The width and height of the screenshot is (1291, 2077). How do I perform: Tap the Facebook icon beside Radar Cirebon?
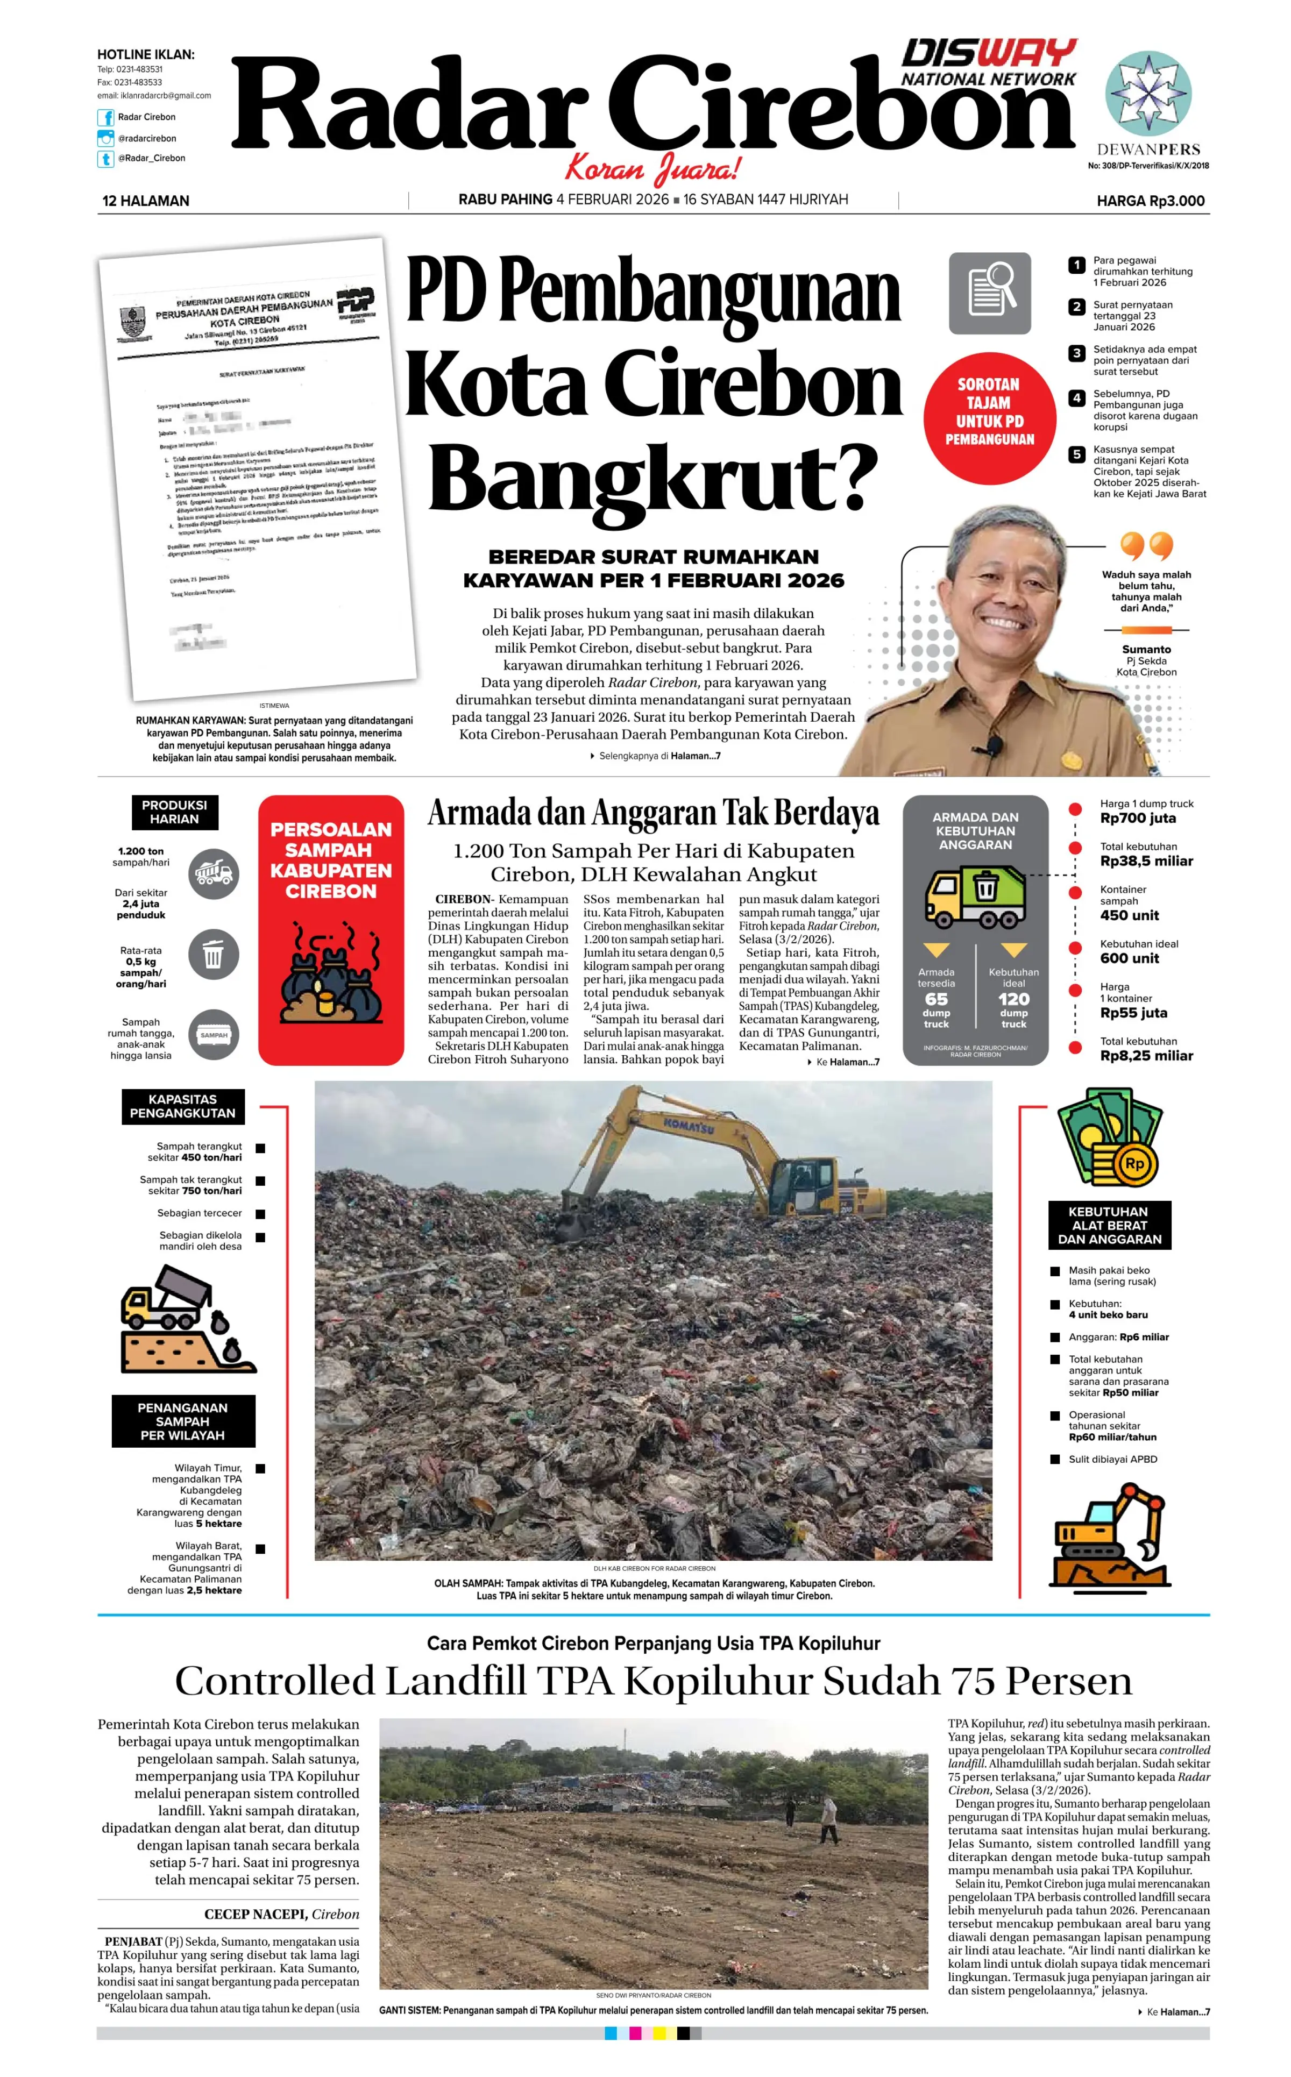pyautogui.click(x=106, y=118)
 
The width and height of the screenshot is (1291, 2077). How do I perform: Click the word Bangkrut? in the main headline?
pyautogui.click(x=653, y=478)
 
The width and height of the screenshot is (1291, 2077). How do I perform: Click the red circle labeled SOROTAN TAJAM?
pyautogui.click(x=989, y=412)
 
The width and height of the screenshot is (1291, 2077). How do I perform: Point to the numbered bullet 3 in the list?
pyautogui.click(x=1077, y=353)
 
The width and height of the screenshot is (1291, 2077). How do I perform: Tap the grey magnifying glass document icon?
pyautogui.click(x=990, y=293)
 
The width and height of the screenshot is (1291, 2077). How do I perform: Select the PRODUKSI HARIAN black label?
pyautogui.click(x=174, y=812)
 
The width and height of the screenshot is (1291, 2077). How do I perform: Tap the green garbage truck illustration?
pyautogui.click(x=976, y=898)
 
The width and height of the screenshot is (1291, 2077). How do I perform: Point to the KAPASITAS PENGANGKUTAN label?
pyautogui.click(x=183, y=1106)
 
